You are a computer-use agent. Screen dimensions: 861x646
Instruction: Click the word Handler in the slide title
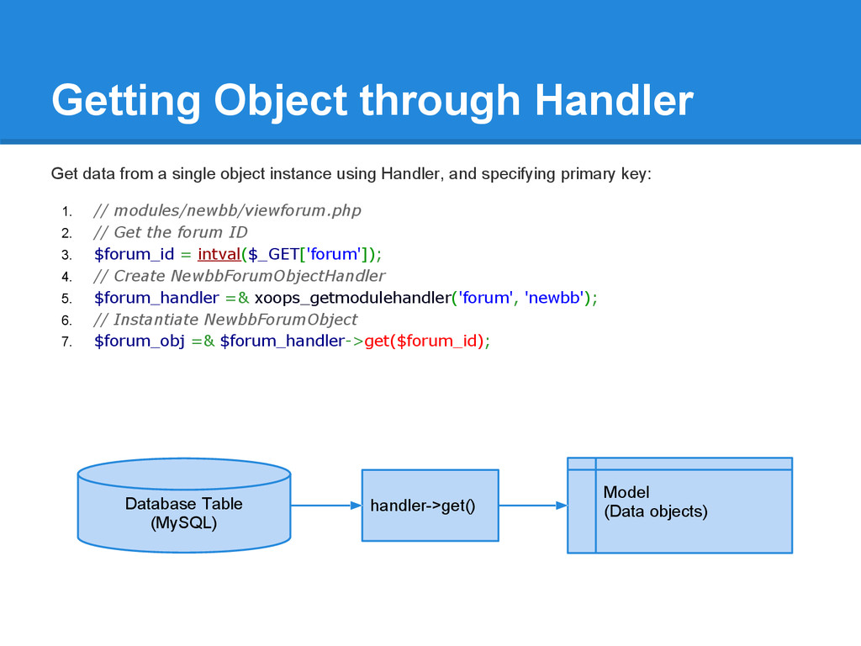615,100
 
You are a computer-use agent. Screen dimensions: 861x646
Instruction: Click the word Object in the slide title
281,101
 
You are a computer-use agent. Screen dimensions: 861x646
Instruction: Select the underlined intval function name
219,254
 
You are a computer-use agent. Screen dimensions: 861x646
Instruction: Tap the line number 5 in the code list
66,299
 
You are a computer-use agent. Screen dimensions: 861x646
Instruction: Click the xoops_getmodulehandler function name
353,298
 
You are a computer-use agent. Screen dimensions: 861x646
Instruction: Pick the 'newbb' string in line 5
554,298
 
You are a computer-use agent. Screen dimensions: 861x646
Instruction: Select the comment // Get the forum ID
170,232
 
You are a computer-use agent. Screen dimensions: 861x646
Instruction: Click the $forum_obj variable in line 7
140,342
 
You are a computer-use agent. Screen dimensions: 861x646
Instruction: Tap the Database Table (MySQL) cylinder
184,506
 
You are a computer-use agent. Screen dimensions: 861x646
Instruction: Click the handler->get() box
430,506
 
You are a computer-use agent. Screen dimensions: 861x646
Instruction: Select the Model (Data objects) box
679,506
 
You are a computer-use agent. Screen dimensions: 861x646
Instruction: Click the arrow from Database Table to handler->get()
326,506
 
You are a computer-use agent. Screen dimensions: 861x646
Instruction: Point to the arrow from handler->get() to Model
533,506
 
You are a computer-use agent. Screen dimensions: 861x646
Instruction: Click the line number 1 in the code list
66,211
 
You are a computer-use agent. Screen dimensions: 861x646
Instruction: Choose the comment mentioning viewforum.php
227,210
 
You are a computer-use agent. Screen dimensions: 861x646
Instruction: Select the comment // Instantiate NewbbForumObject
225,319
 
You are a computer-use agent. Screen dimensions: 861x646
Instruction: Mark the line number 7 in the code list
66,342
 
